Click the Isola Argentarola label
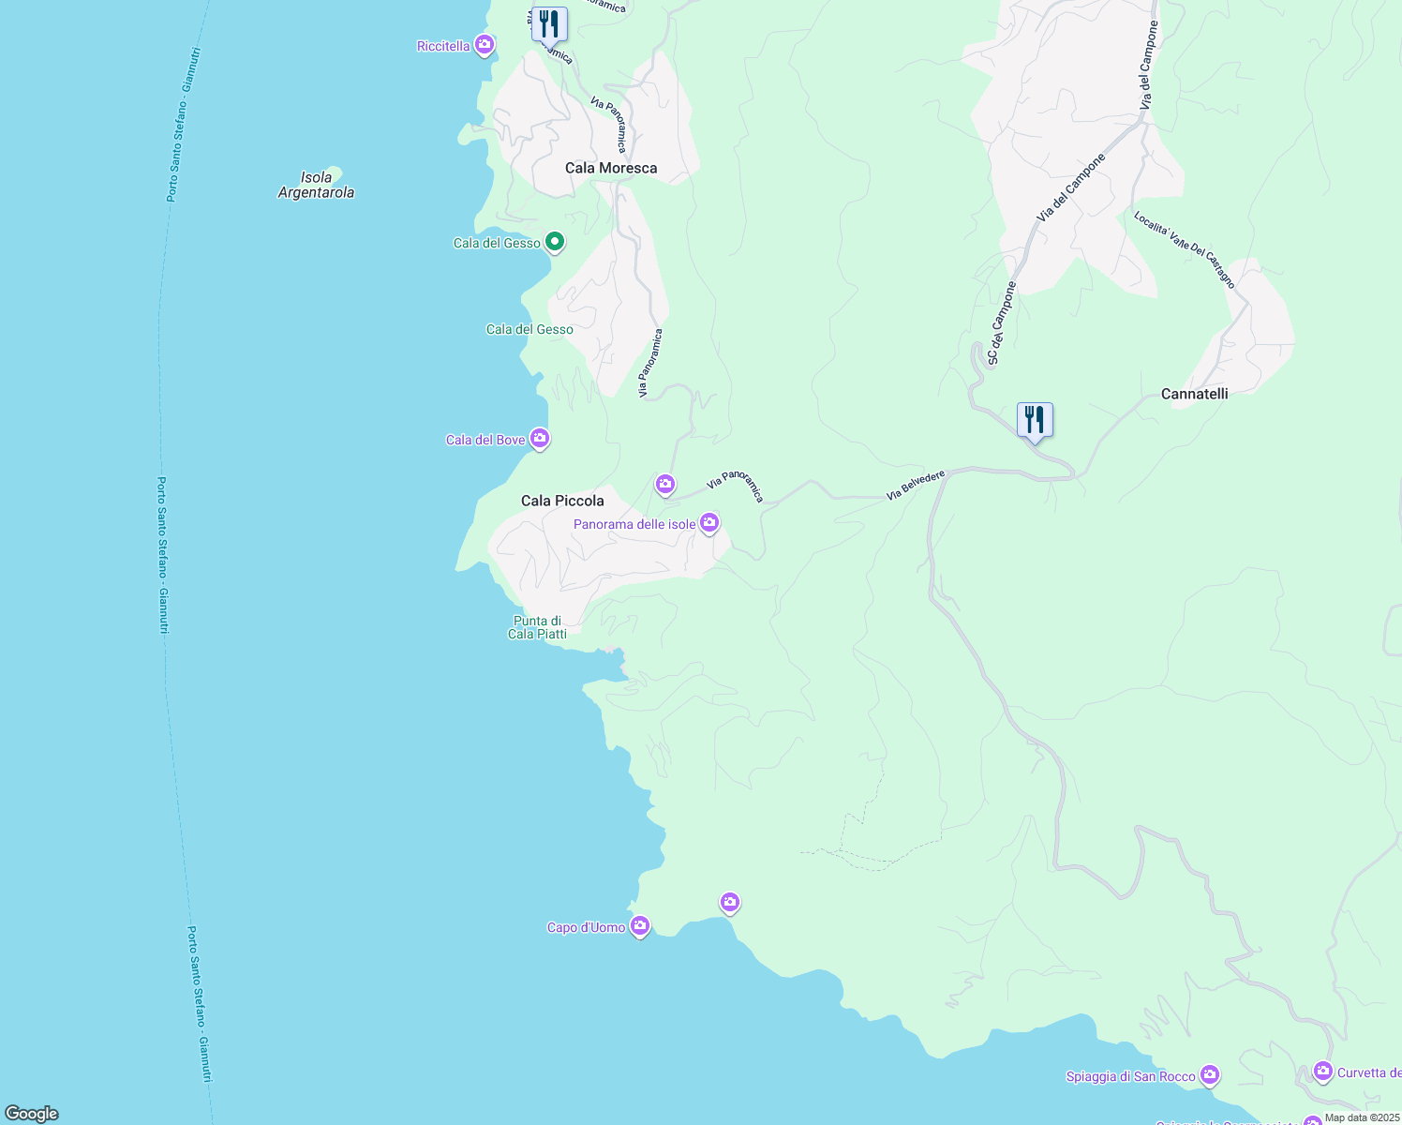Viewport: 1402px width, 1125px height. pyautogui.click(x=317, y=185)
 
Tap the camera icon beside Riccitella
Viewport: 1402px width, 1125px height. pyautogui.click(x=484, y=44)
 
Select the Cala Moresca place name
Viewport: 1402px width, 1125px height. pyautogui.click(x=611, y=168)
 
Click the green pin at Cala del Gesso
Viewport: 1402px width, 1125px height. pyautogui.click(x=555, y=242)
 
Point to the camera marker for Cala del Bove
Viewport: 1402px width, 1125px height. pyautogui.click(x=539, y=438)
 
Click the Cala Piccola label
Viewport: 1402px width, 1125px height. pyautogui.click(x=562, y=501)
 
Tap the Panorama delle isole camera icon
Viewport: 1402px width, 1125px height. pyautogui.click(x=709, y=522)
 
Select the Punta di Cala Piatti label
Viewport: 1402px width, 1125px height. pyautogui.click(x=537, y=627)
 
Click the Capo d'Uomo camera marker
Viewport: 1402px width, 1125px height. pyautogui.click(x=640, y=926)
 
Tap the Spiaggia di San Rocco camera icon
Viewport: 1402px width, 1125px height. pyautogui.click(x=1210, y=1074)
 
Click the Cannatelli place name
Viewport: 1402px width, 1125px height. pyautogui.click(x=1194, y=394)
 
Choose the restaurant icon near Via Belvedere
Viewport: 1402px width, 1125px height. pyautogui.click(x=1035, y=419)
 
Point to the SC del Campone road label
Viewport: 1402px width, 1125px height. pyautogui.click(x=1001, y=323)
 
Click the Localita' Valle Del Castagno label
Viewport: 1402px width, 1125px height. pyautogui.click(x=1185, y=249)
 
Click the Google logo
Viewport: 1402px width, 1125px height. pyautogui.click(x=32, y=1113)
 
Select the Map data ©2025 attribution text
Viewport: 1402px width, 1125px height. pyautogui.click(x=1362, y=1117)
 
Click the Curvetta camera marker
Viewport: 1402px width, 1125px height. pyautogui.click(x=1322, y=1070)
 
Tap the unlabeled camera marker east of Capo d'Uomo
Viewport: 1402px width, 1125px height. pyautogui.click(x=730, y=902)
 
